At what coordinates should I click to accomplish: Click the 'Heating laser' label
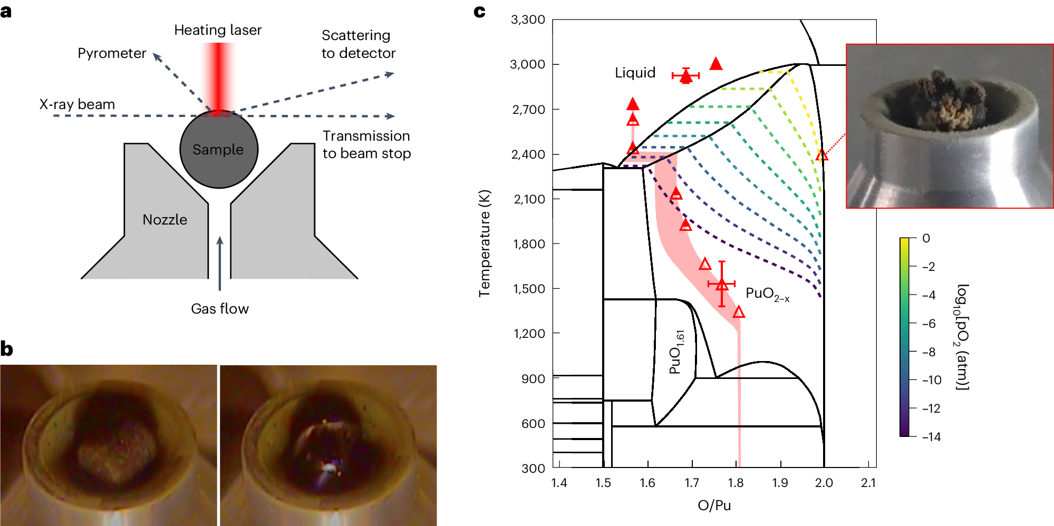(x=218, y=30)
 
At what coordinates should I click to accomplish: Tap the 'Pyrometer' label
(x=111, y=53)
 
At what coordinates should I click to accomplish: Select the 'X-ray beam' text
(x=77, y=104)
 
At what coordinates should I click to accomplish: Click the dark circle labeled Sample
(x=218, y=150)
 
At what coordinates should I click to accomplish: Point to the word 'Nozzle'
(x=165, y=220)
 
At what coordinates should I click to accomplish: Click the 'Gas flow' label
(x=219, y=309)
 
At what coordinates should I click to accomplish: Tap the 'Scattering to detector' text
(x=358, y=44)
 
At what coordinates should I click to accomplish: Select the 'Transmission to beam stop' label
(x=366, y=144)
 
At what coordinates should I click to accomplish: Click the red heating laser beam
(x=218, y=74)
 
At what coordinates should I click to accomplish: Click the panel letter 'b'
(x=7, y=349)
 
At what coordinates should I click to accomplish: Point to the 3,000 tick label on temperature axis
(x=527, y=64)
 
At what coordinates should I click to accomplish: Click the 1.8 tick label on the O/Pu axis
(x=736, y=483)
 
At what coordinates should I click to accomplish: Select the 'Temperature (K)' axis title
(x=485, y=243)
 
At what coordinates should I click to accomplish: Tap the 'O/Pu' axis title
(x=714, y=505)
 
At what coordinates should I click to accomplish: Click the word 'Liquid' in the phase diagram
(x=635, y=73)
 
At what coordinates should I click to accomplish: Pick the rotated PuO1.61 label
(x=676, y=352)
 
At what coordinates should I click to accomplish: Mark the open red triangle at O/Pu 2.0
(x=821, y=155)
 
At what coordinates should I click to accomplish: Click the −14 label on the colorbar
(x=931, y=437)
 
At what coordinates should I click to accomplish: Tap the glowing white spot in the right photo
(x=329, y=466)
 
